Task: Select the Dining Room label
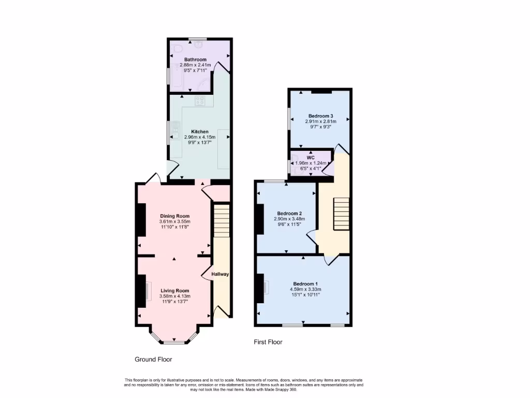click(174, 216)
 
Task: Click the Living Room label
click(174, 291)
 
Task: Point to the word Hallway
click(220, 274)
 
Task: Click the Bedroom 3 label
click(320, 116)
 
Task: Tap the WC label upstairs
click(311, 158)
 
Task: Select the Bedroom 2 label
click(289, 213)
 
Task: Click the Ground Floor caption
click(153, 359)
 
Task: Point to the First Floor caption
click(268, 342)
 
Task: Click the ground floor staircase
click(221, 220)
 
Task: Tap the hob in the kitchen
click(200, 101)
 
